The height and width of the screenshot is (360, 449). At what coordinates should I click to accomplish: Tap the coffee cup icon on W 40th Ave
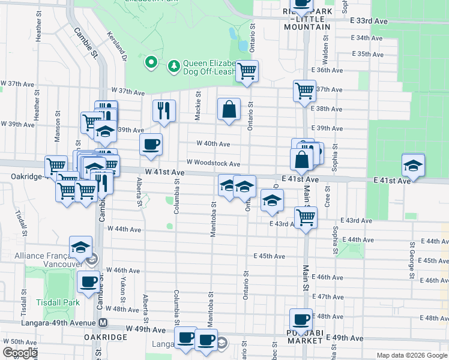(x=151, y=144)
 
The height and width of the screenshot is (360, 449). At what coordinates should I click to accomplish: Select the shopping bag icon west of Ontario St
(x=229, y=109)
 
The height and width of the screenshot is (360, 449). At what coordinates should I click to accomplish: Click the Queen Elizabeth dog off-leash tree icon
(x=173, y=65)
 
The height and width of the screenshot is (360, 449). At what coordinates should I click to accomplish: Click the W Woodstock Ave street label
(x=213, y=163)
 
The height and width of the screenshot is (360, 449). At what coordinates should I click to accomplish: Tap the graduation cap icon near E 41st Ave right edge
(x=413, y=165)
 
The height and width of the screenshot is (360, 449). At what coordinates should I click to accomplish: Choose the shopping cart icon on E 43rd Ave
(x=306, y=217)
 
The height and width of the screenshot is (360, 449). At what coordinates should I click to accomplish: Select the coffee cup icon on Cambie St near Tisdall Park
(x=88, y=281)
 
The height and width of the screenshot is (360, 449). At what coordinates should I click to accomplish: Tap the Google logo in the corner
(x=20, y=353)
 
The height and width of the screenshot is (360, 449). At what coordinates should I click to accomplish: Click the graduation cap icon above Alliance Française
(x=80, y=247)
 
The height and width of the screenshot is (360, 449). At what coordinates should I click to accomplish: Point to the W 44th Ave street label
(x=124, y=229)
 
